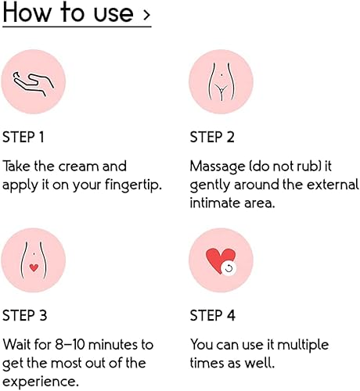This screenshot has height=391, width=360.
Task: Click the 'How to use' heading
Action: tap(69, 13)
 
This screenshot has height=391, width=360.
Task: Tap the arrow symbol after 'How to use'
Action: tap(146, 15)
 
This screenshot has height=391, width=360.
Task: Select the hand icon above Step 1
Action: tap(34, 81)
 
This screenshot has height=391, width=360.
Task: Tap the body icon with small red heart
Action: tap(34, 260)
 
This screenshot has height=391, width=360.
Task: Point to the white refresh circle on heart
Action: tap(229, 268)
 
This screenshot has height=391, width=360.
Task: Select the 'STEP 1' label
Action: tap(23, 138)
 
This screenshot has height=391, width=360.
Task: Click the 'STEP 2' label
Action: tap(212, 138)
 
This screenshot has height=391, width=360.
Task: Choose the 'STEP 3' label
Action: tap(24, 316)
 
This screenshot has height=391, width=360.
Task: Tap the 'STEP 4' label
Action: tap(213, 316)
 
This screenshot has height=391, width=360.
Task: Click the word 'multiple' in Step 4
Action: tap(304, 345)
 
